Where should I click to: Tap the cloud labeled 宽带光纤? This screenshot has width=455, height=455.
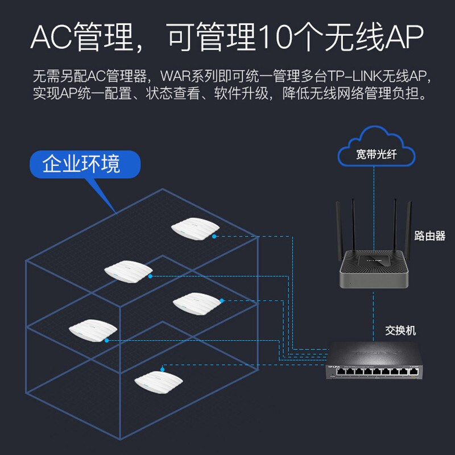coord(376,151)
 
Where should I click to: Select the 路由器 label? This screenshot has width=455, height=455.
coord(429,235)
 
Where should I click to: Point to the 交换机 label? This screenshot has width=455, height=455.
coord(401,330)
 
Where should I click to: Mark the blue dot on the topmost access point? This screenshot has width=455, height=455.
coord(214,236)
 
